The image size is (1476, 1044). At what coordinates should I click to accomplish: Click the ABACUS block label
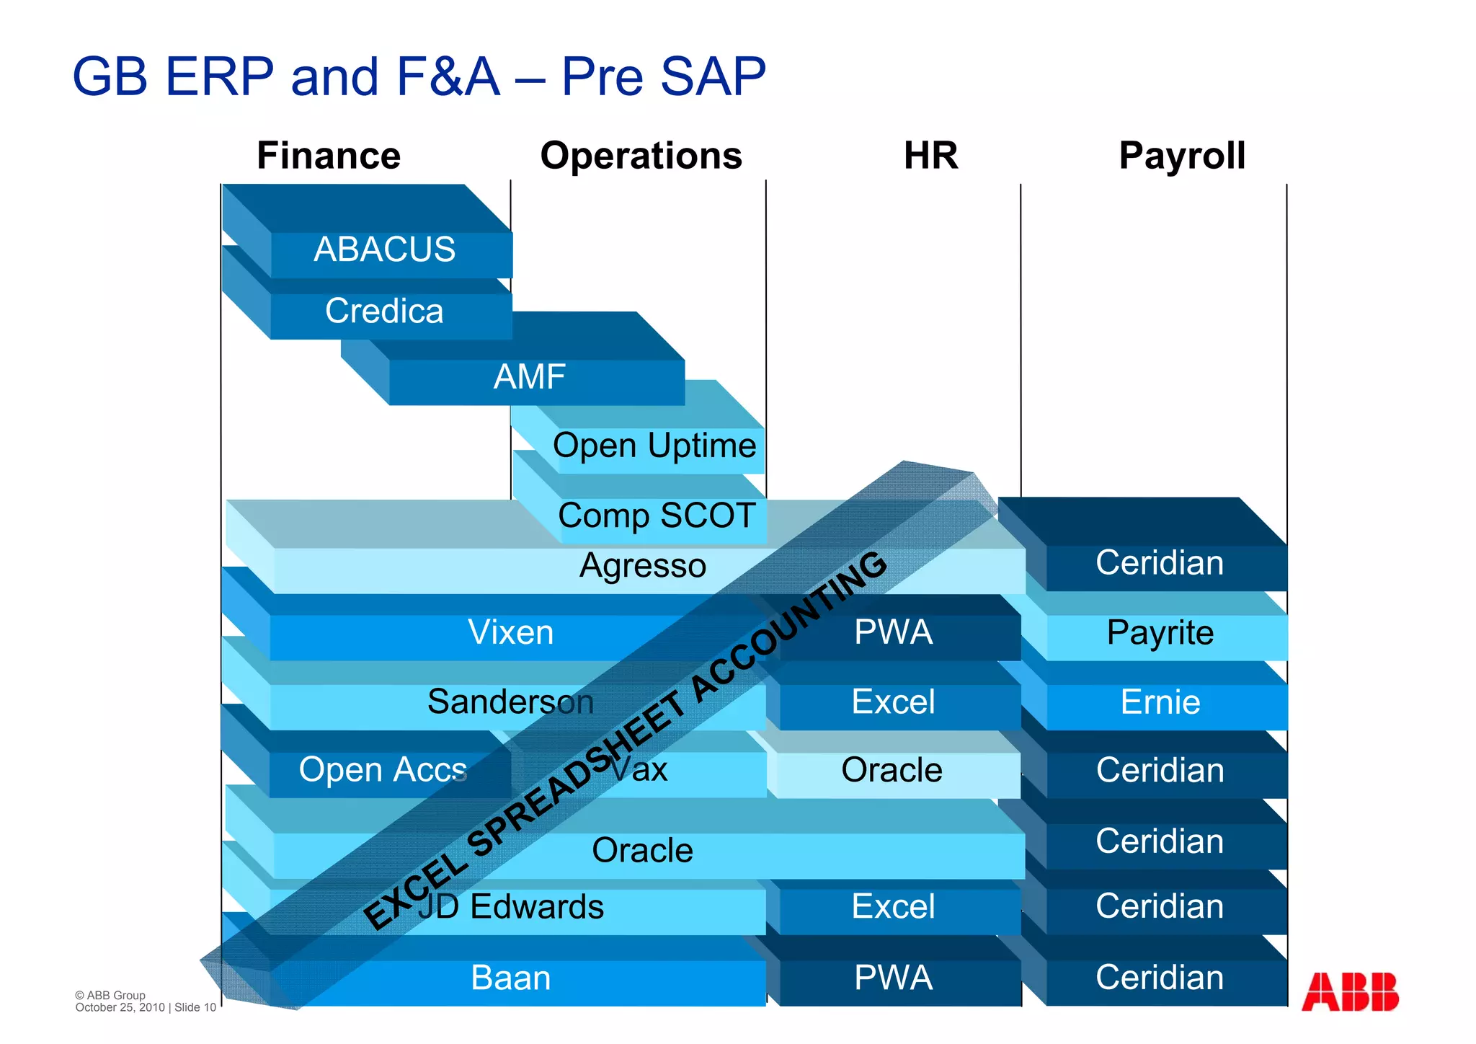tap(385, 250)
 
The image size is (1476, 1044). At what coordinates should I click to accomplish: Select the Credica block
tap(384, 311)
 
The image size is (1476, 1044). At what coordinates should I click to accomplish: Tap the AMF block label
tap(530, 377)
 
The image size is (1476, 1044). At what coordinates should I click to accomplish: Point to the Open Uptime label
tap(654, 446)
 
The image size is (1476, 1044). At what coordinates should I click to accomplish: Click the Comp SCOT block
tap(657, 516)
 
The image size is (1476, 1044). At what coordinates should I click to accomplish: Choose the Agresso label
tap(643, 566)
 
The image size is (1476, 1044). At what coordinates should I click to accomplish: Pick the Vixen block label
tap(511, 633)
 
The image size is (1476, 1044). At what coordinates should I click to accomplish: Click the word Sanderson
tap(510, 702)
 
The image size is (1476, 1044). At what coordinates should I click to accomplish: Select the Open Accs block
tap(383, 770)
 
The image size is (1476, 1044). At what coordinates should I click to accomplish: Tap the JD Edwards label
tap(510, 907)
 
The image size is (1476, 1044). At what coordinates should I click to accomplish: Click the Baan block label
tap(511, 978)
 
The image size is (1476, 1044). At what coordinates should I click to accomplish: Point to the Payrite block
tap(1160, 633)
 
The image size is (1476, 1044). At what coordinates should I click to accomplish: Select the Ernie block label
tap(1160, 702)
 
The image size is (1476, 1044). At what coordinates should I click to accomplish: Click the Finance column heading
tap(329, 156)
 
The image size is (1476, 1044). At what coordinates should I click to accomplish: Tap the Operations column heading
tap(641, 156)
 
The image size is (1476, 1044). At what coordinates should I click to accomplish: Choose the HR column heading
tap(930, 156)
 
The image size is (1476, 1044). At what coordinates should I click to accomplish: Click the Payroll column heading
tap(1182, 156)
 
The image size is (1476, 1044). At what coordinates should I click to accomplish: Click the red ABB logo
tap(1350, 992)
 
